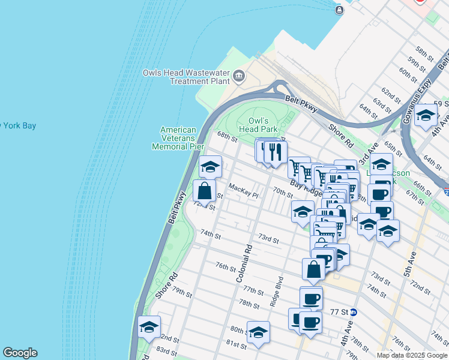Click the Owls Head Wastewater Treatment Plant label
(x=186, y=77)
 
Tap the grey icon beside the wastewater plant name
(x=239, y=76)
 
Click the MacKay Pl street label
(x=243, y=194)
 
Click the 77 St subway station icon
(x=354, y=312)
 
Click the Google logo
(x=20, y=353)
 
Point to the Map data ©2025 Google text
(x=411, y=355)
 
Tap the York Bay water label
(x=18, y=126)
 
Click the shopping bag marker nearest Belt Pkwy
(x=205, y=191)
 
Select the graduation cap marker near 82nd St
(x=149, y=326)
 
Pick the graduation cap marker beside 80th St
(x=258, y=332)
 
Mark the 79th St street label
(x=181, y=294)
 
